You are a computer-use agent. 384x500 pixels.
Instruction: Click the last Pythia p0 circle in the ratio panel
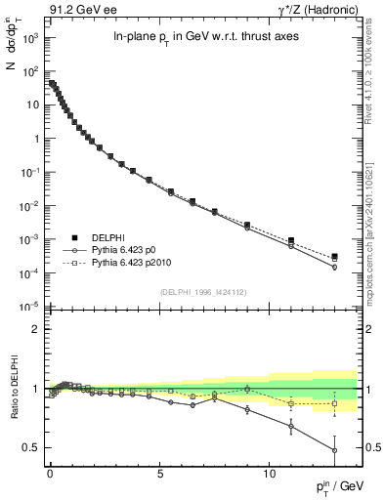point(335,450)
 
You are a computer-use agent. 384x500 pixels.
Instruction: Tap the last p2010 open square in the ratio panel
point(335,403)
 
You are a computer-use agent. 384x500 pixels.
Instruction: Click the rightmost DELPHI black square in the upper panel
point(335,257)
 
